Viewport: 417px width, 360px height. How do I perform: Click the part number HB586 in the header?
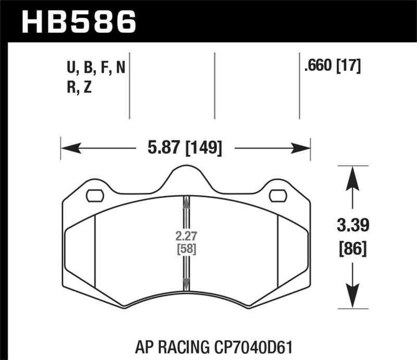(79, 22)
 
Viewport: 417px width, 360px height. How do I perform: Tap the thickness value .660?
(318, 65)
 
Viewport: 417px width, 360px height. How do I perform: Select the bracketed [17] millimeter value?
(349, 66)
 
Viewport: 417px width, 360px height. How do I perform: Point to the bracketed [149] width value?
(203, 148)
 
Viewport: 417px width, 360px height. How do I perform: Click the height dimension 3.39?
(353, 225)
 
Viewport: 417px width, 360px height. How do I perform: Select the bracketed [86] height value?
(353, 249)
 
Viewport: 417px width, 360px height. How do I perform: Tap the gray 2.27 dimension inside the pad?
(186, 236)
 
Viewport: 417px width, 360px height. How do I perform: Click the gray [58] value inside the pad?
(187, 249)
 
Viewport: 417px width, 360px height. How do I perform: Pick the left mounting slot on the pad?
(95, 196)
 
